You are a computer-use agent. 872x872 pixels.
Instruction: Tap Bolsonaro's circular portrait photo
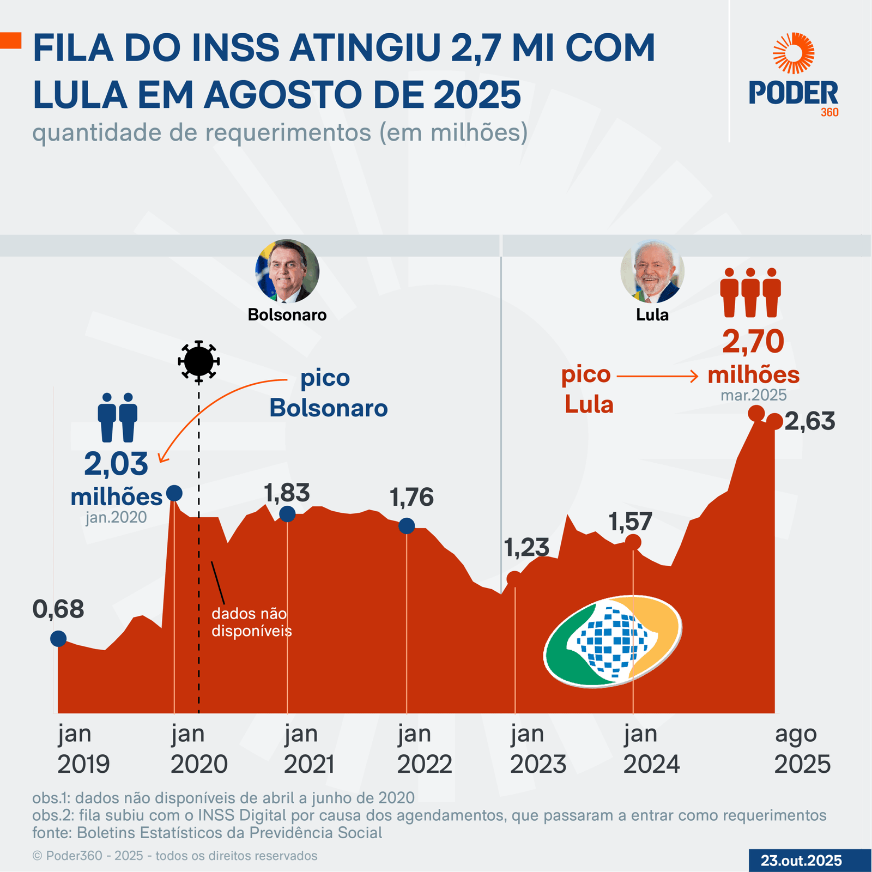[287, 271]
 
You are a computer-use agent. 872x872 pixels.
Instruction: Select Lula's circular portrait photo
[652, 271]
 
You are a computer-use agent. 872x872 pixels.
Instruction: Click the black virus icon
[199, 361]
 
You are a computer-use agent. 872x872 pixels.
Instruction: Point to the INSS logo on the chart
[613, 641]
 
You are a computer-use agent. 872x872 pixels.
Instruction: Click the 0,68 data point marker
[58, 638]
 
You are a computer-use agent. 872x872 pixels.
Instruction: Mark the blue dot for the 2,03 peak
[174, 493]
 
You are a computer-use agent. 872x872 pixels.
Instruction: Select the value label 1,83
[287, 493]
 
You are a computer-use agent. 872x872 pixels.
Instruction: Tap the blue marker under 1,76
[407, 526]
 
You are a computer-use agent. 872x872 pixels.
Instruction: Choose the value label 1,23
[526, 547]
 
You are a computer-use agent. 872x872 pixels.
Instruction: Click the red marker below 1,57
[633, 542]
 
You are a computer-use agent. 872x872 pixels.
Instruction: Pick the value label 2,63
[810, 421]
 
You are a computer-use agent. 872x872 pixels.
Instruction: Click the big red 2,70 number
[753, 342]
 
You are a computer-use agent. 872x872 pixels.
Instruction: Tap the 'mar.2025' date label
[754, 395]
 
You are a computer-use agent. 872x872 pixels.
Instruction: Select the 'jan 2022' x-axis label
[424, 749]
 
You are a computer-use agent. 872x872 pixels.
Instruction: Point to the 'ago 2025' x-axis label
[802, 749]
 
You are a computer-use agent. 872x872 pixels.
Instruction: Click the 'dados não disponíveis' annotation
[251, 622]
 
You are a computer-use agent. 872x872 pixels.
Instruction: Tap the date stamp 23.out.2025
[801, 861]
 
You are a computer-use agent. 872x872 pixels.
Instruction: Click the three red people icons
[750, 292]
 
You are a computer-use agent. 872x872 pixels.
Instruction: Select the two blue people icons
[118, 417]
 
